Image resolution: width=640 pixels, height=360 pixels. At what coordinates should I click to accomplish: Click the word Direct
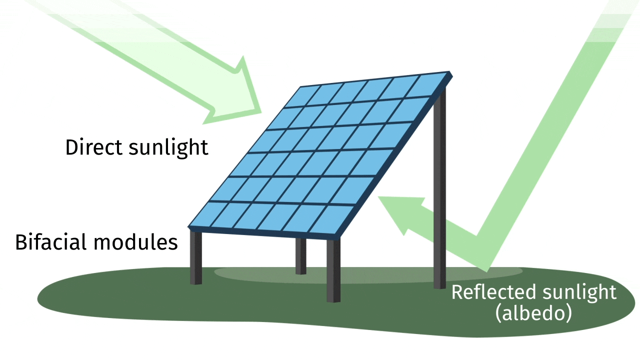[94, 147]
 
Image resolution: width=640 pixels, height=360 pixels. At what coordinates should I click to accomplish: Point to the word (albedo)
[533, 313]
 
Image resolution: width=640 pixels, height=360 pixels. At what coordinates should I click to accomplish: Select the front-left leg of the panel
[196, 257]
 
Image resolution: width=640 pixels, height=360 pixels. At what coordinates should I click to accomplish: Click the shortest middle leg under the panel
[300, 256]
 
